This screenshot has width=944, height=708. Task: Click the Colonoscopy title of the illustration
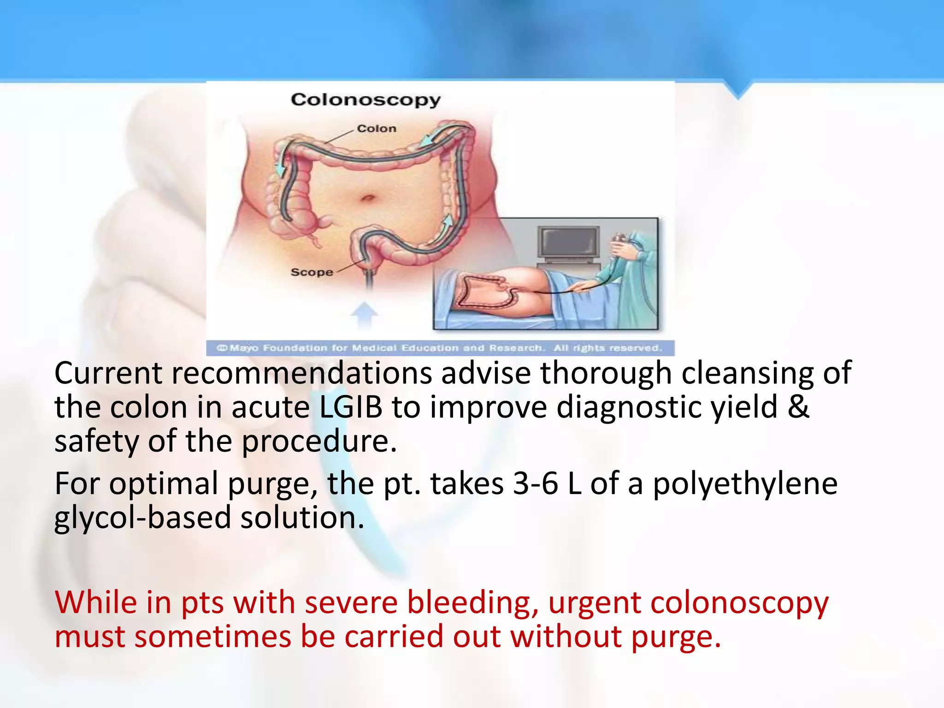point(366,100)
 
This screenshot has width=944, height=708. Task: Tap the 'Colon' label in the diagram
point(377,129)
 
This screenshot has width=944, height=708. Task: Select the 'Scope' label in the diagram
point(312,272)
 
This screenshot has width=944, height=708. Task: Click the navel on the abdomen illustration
point(368,199)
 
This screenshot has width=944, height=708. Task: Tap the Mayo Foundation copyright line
point(440,348)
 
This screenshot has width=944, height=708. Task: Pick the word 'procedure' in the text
point(318,441)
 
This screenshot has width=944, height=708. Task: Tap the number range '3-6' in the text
point(535,484)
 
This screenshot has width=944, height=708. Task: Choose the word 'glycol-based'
point(142,518)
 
